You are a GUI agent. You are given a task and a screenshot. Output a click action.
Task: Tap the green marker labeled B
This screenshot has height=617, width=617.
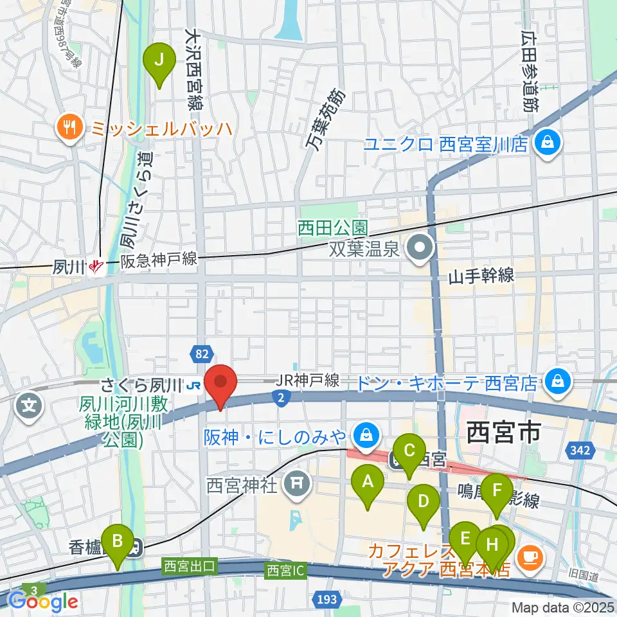coord(117,541)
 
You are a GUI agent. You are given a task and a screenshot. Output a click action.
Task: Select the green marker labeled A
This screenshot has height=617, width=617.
coord(368,481)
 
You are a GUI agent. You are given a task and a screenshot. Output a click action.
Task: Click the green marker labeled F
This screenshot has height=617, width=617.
coord(497,490)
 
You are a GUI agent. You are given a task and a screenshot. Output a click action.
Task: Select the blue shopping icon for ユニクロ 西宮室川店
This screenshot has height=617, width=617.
coord(548,141)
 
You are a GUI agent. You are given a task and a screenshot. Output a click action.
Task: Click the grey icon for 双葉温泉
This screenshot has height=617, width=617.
coord(420,247)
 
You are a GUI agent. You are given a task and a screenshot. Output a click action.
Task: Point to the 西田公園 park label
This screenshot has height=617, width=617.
coord(332,228)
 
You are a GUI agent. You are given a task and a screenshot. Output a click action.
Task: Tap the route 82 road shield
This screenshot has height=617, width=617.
coord(201,352)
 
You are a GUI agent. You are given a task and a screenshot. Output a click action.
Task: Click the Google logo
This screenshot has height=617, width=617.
coord(43,601)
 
